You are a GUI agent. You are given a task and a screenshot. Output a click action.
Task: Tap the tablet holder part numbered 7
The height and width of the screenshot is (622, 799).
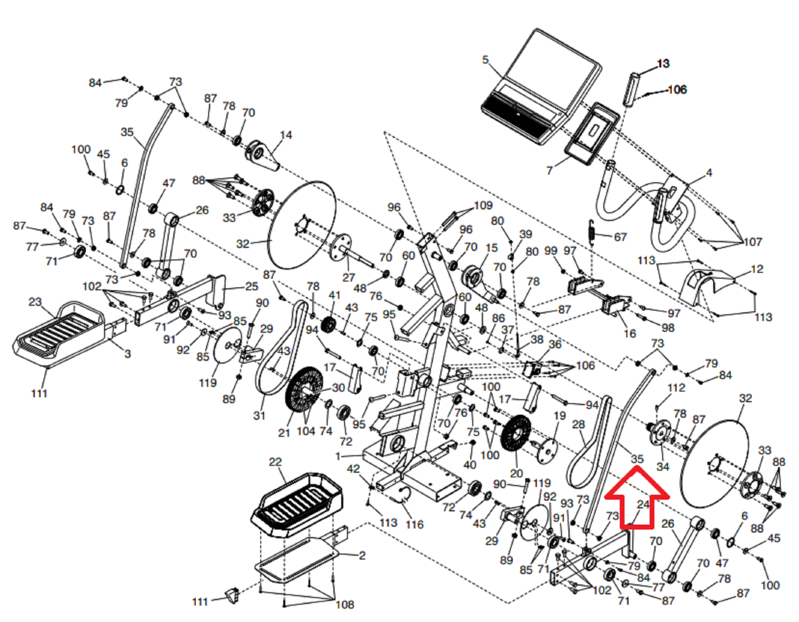[592, 133]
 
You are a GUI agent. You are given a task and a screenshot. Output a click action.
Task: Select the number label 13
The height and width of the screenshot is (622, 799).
[663, 64]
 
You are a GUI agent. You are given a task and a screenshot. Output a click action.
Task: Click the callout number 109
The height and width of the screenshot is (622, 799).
[483, 205]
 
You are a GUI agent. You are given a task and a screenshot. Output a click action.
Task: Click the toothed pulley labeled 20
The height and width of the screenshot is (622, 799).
[515, 435]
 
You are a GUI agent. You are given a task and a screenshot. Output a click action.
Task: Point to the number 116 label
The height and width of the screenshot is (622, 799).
[414, 525]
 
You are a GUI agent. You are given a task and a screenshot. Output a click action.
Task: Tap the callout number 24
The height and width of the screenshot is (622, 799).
[643, 505]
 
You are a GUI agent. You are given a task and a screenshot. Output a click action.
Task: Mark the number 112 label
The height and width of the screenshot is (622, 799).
[676, 388]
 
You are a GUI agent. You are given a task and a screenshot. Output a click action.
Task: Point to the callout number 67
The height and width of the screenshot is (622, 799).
[620, 237]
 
